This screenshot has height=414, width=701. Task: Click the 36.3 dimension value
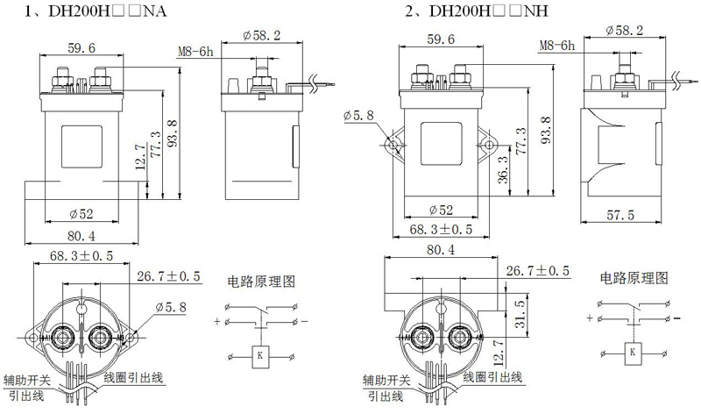point(503,169)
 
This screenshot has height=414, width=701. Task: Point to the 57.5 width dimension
point(620,215)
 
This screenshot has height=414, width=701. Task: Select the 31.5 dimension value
point(520,314)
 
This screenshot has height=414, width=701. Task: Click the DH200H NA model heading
point(96,11)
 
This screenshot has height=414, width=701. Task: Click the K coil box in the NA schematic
point(259,357)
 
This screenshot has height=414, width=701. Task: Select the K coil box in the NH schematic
point(632,353)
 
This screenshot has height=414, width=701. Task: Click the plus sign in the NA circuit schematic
point(217,321)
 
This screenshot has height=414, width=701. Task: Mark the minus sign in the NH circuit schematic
point(676,318)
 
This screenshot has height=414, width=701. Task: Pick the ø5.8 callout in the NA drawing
point(170,308)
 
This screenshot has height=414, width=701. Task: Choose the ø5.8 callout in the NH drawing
point(358,116)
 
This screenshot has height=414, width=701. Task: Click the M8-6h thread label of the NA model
point(195,52)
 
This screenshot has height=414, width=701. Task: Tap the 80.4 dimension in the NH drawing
point(441,250)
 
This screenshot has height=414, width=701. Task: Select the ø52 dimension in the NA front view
point(81,214)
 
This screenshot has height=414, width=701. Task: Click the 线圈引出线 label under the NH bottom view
point(492,377)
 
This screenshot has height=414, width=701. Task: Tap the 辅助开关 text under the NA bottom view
point(27,381)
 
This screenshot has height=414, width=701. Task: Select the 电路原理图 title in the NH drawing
point(634,278)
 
